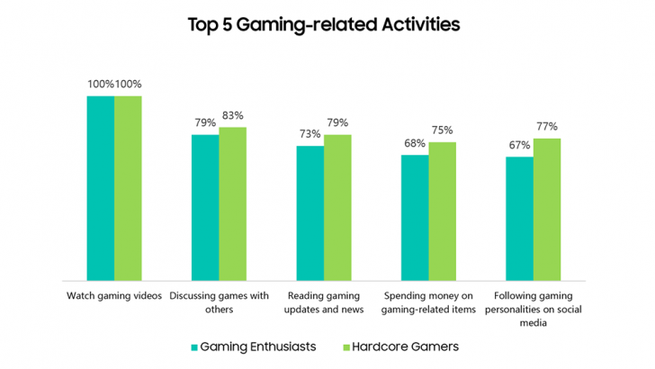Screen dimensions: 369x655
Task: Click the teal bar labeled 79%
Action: (x=205, y=207)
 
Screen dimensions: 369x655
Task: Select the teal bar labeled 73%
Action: (x=310, y=212)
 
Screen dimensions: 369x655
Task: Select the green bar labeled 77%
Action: (x=547, y=209)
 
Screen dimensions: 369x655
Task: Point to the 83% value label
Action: (x=233, y=116)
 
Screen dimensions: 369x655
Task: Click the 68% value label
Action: (x=415, y=144)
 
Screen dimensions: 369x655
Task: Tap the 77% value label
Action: (x=547, y=127)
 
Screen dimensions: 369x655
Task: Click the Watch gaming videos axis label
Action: (x=114, y=295)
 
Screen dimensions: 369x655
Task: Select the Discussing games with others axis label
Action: (x=219, y=301)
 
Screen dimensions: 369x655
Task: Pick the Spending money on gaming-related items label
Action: (x=428, y=301)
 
